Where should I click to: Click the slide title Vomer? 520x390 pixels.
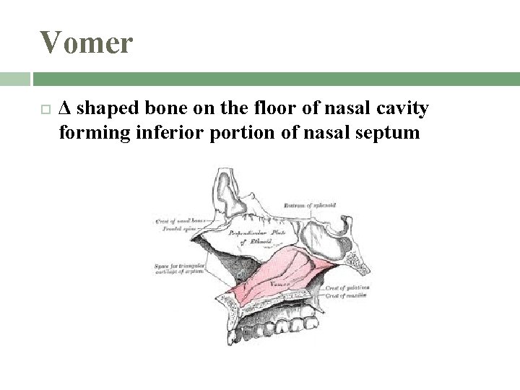pyautogui.click(x=87, y=43)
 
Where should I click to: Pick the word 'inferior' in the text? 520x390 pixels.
pyautogui.click(x=173, y=132)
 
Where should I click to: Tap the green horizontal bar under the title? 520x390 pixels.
pyautogui.click(x=274, y=79)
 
